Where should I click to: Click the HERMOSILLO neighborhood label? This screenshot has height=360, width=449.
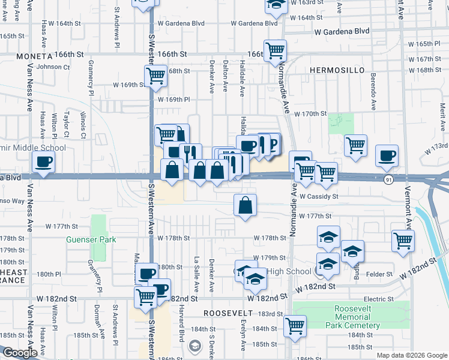click(337, 70)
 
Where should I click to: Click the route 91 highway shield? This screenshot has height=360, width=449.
click(390, 179)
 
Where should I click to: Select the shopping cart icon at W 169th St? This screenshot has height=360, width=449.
click(155, 76)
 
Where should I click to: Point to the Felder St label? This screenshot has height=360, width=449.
click(379, 274)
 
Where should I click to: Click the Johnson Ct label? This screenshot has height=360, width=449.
click(53, 67)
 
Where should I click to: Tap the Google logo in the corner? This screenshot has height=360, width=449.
click(19, 353)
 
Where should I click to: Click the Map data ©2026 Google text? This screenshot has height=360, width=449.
click(412, 355)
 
